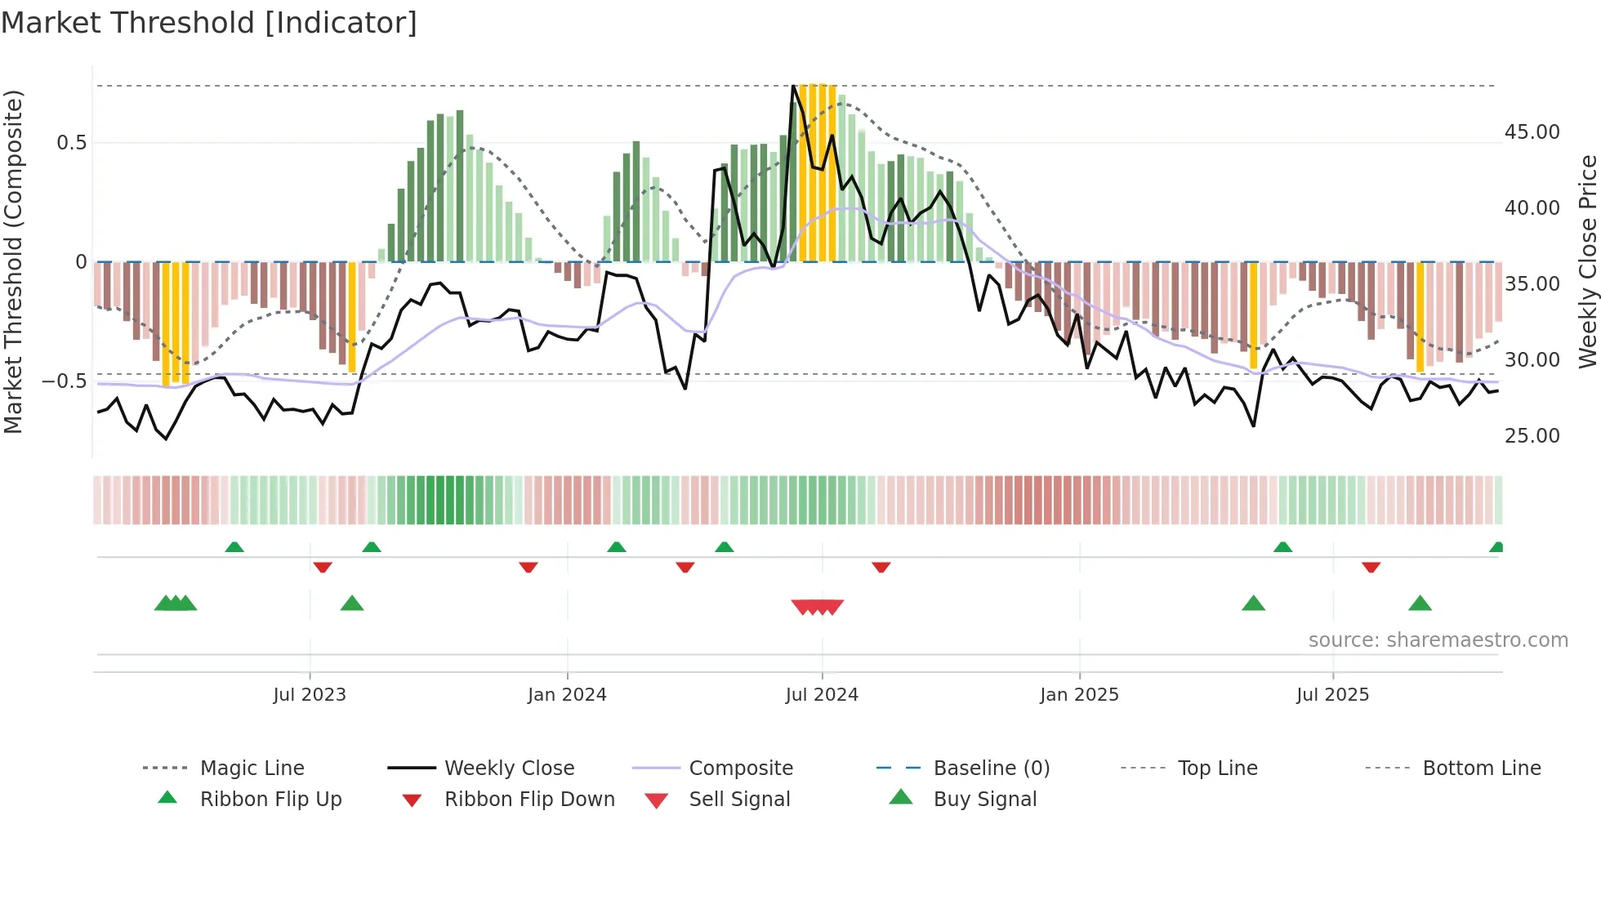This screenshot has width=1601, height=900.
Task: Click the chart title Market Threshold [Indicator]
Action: (x=209, y=23)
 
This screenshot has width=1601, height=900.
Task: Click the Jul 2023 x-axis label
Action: (x=310, y=695)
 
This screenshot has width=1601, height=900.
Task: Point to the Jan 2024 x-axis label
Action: (x=567, y=695)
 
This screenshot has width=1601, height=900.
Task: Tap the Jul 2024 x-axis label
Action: (x=822, y=695)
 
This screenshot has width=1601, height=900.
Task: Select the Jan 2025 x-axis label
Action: (x=1079, y=695)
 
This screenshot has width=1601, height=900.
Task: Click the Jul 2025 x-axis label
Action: (x=1332, y=695)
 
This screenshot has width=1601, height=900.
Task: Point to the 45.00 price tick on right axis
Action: (x=1532, y=132)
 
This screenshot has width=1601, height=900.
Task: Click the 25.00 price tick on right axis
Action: (x=1532, y=436)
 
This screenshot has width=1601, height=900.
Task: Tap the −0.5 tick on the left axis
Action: (x=64, y=381)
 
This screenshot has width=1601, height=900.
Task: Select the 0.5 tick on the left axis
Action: (x=71, y=143)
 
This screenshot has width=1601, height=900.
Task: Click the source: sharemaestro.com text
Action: (x=1438, y=640)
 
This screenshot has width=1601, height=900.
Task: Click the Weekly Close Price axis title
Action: (x=1587, y=261)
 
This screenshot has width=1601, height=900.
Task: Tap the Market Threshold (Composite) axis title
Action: (x=13, y=261)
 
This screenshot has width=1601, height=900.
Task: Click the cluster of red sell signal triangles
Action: (x=818, y=607)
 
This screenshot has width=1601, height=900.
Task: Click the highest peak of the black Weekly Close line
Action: (x=793, y=86)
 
